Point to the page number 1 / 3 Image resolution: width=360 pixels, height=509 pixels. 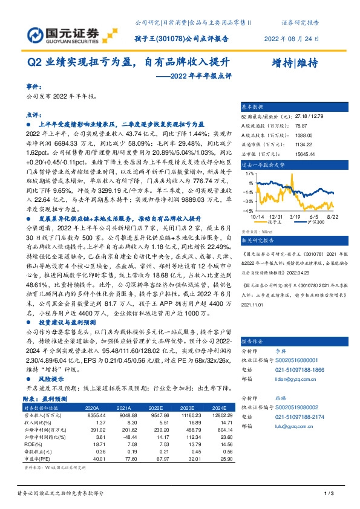pos(330,494)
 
